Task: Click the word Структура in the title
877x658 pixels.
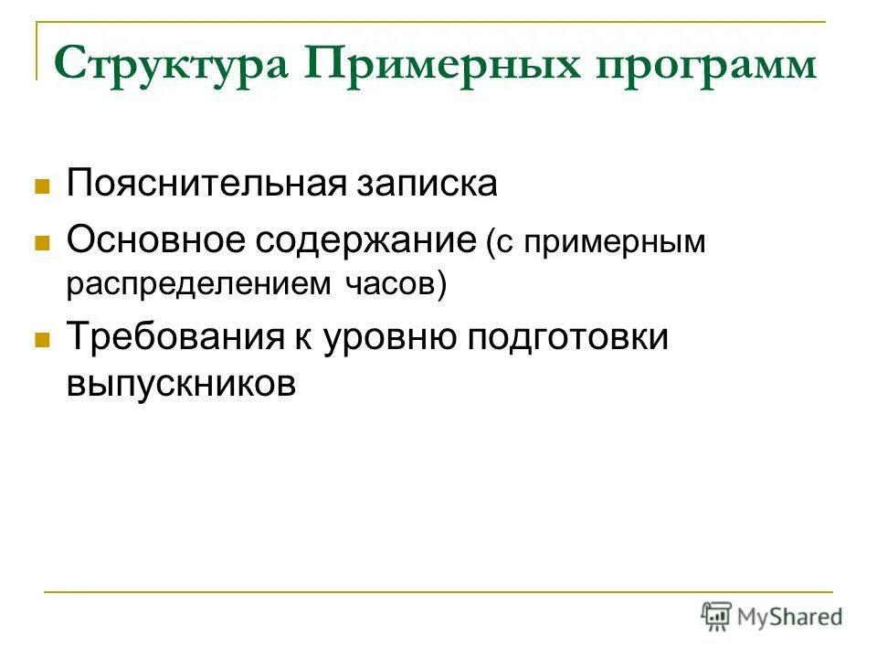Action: pyautogui.click(x=171, y=67)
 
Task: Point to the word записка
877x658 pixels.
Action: pyautogui.click(x=428, y=184)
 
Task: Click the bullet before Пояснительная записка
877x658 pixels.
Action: pyautogui.click(x=40, y=186)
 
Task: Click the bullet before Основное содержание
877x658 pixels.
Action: pyautogui.click(x=40, y=244)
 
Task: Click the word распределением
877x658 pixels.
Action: pyautogui.click(x=198, y=285)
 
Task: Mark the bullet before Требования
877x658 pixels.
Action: pyautogui.click(x=40, y=339)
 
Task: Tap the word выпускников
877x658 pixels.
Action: pyautogui.click(x=181, y=383)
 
